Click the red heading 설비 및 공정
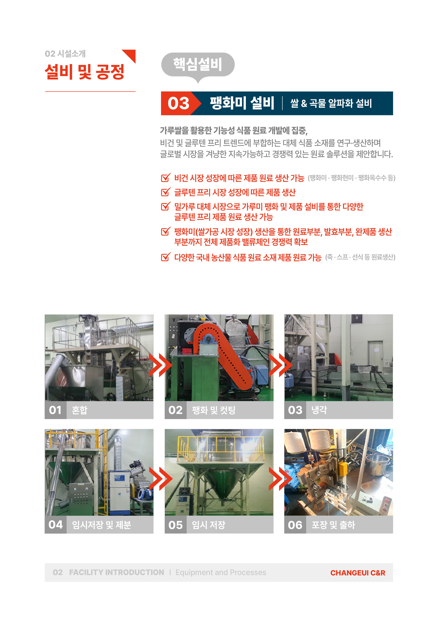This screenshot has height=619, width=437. [84, 72]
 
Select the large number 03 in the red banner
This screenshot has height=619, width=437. [178, 103]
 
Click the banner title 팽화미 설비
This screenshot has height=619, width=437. [242, 103]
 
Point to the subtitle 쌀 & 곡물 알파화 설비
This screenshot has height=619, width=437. [331, 103]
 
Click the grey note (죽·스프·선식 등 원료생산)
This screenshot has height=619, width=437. [360, 257]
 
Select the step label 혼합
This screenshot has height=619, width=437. [80, 410]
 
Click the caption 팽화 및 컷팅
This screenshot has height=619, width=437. [214, 410]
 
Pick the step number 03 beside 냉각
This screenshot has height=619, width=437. [295, 410]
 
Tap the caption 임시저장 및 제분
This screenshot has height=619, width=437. [102, 525]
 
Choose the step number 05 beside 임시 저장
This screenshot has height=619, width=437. [175, 525]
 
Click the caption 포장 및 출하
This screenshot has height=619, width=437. [333, 525]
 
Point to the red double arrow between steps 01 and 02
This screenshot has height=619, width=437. [160, 365]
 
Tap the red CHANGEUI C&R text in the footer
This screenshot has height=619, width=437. [358, 573]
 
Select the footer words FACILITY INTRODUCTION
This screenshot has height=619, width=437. [117, 572]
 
